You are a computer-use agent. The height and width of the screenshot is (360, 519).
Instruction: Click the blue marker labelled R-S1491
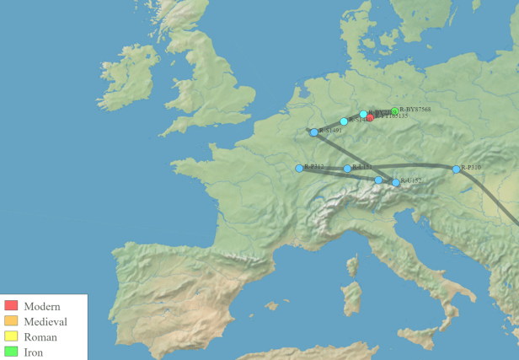pyautogui.click(x=314, y=132)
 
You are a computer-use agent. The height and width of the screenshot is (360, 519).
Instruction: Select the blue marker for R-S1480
pyautogui.click(x=344, y=121)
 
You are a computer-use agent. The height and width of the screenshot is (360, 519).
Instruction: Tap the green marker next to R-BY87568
pyautogui.click(x=394, y=111)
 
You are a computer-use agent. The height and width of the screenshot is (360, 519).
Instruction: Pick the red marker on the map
pyautogui.click(x=370, y=117)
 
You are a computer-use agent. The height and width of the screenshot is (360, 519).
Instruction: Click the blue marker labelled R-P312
pyautogui.click(x=299, y=168)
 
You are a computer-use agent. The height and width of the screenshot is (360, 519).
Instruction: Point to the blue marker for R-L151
pyautogui.click(x=347, y=169)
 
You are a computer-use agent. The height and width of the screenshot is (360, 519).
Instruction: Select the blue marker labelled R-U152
pyautogui.click(x=395, y=182)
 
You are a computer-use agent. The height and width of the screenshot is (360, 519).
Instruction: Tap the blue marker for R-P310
pyautogui.click(x=457, y=169)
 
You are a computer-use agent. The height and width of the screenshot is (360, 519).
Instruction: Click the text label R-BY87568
pyautogui.click(x=415, y=110)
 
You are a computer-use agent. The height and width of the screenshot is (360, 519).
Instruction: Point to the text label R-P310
pyautogui.click(x=471, y=169)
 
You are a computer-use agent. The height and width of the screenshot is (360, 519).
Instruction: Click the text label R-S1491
pyautogui.click(x=329, y=131)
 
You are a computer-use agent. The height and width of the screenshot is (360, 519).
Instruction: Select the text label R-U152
pyautogui.click(x=410, y=180)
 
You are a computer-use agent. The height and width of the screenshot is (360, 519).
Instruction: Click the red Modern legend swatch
pyautogui.click(x=11, y=305)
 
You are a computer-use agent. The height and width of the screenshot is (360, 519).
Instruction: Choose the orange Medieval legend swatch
pyautogui.click(x=11, y=321)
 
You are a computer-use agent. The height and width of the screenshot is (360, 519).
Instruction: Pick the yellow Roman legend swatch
pyautogui.click(x=11, y=337)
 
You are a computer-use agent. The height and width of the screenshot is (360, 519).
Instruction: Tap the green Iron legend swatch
pyautogui.click(x=11, y=352)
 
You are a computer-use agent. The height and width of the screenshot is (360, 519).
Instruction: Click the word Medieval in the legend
pyautogui.click(x=45, y=321)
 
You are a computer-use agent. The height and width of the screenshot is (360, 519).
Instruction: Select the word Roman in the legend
pyautogui.click(x=40, y=337)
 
